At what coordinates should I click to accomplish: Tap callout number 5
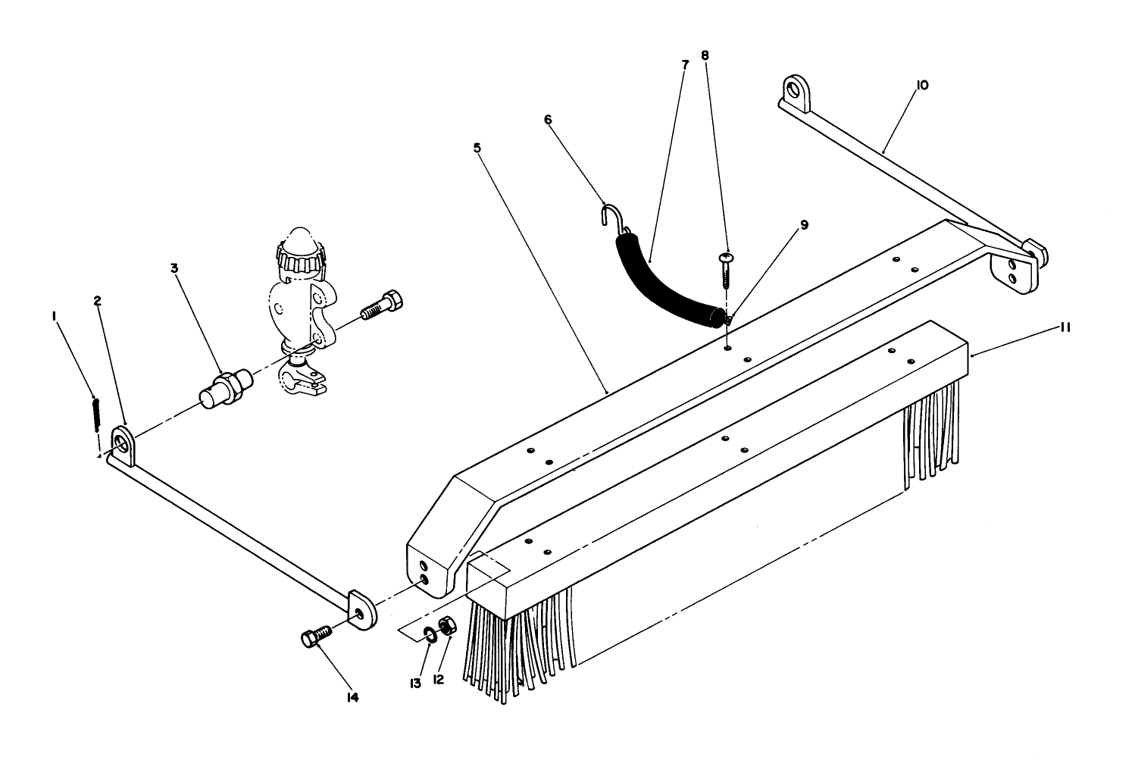[477, 148]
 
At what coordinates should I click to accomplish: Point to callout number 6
[548, 119]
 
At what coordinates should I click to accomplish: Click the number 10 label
[921, 86]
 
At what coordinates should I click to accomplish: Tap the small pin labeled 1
[96, 415]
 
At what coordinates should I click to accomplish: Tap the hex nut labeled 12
[447, 626]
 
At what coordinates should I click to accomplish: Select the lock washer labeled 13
[430, 634]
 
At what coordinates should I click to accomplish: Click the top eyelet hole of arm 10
[793, 89]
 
